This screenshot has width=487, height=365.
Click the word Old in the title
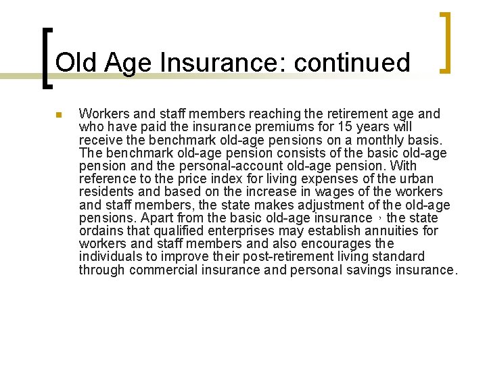(71, 63)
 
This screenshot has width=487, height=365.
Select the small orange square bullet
(59, 115)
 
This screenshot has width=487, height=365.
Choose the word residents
(105, 191)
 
